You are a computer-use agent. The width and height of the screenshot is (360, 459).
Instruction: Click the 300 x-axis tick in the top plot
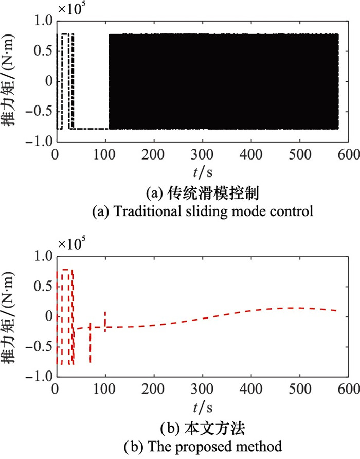coord(202,154)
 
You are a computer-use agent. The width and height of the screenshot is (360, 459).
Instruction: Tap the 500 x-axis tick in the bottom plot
coord(300,390)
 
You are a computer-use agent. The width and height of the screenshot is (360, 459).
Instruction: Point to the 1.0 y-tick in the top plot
coord(44,21)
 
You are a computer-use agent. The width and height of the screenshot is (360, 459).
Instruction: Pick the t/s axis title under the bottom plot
coord(203,408)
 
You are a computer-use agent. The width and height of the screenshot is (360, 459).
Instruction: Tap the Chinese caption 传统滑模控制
coord(213,193)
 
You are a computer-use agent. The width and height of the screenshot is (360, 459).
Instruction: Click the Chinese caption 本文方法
coord(214,429)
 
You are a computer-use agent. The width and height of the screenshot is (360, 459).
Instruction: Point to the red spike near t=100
coord(105,322)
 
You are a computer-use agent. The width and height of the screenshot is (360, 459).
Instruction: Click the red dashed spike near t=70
coord(91,343)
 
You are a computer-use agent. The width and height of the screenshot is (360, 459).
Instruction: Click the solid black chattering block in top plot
coord(224,81)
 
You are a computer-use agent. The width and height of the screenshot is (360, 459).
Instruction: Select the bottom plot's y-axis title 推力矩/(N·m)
coord(9,317)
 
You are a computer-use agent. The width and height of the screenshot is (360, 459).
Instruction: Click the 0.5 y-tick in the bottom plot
coord(44,286)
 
